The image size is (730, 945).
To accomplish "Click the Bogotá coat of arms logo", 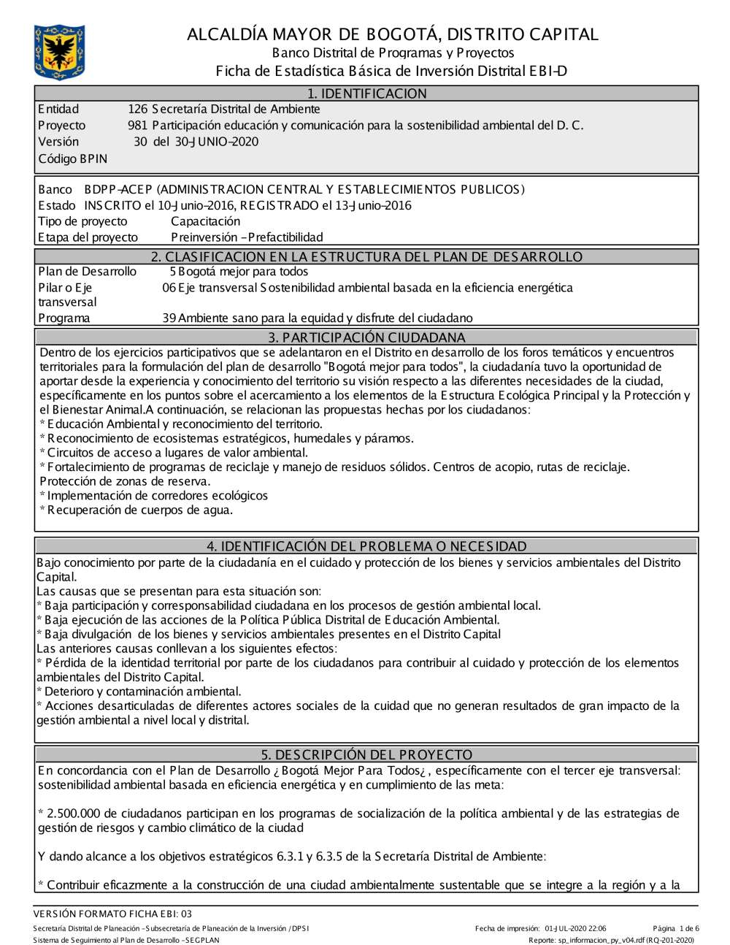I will (59, 52).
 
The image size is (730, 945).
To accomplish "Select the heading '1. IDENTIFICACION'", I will (366, 93).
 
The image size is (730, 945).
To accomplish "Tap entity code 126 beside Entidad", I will (137, 110).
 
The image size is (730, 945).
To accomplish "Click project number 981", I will (137, 126).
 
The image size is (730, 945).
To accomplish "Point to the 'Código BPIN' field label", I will (72, 158).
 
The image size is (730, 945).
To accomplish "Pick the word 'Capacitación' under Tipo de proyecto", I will (205, 221).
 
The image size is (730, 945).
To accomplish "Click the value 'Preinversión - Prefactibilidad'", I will (247, 237).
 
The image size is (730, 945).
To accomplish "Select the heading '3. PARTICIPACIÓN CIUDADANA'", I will (366, 337).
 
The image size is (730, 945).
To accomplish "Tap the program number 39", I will (169, 318).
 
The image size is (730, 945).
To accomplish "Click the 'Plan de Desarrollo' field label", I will (87, 272).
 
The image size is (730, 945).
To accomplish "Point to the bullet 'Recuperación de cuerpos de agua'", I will (139, 510).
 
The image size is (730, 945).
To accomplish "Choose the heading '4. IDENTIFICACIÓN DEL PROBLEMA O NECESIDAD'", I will (366, 546).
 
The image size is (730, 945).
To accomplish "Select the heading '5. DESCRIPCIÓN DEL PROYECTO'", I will (366, 754).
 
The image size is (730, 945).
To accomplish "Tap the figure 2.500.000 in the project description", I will (74, 814).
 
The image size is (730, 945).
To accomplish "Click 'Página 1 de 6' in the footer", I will (676, 929).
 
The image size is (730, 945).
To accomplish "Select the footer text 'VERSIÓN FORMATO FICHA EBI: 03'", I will (113, 914).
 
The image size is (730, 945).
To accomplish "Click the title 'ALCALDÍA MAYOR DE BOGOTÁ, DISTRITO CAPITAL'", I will (392, 34).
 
